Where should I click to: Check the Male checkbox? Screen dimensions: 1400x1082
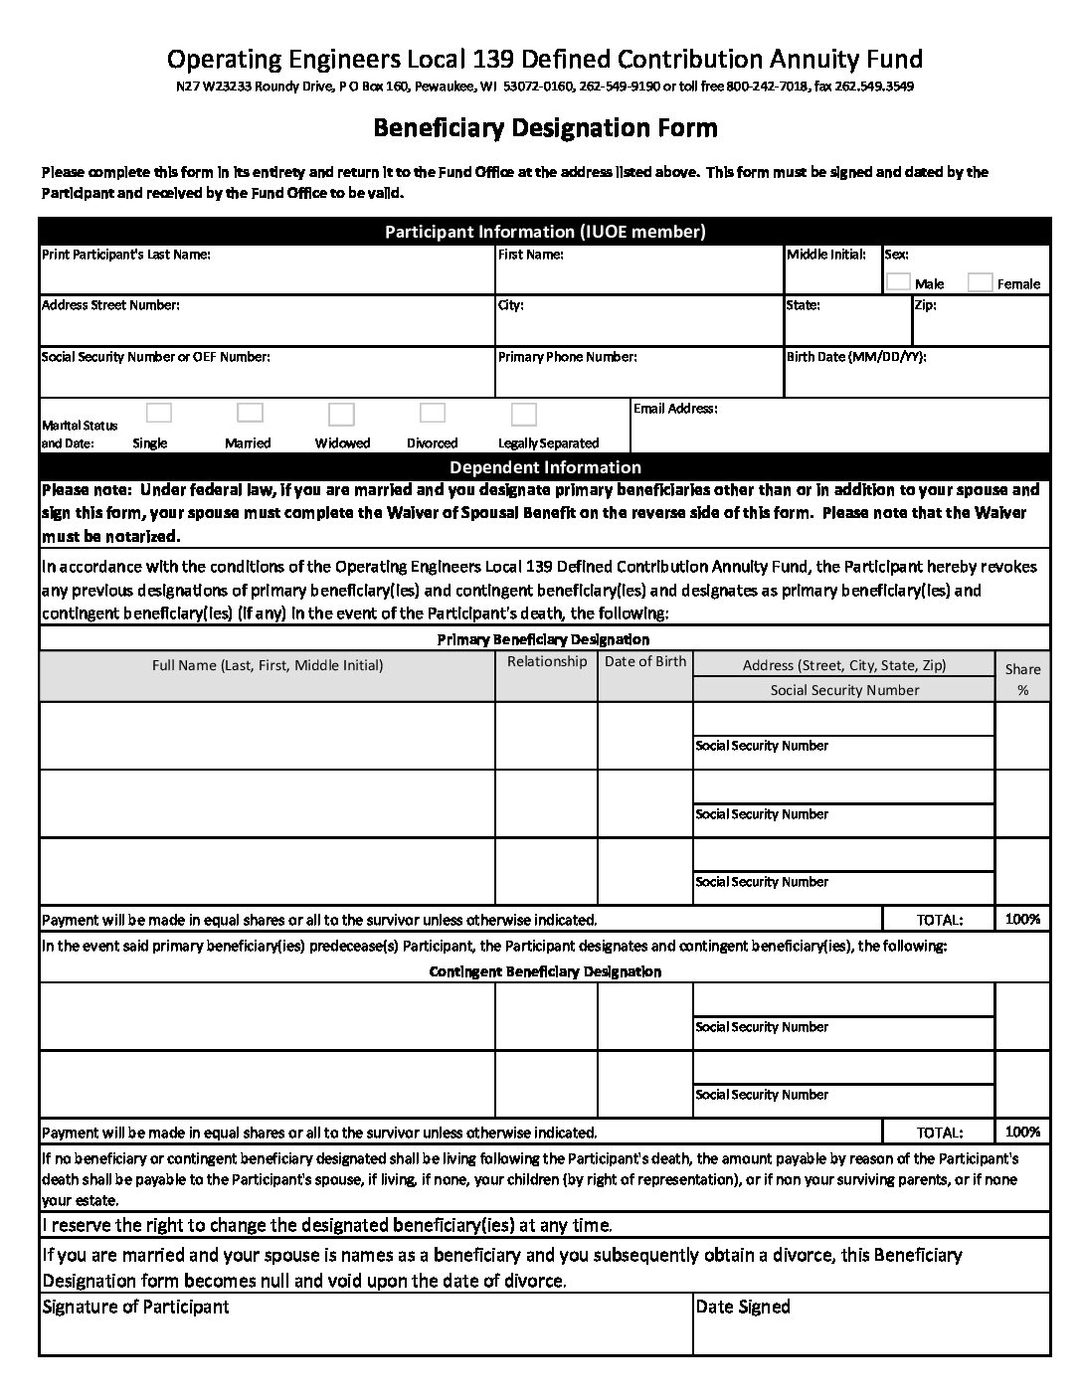point(898,281)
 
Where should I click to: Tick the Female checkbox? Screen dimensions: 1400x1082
point(980,281)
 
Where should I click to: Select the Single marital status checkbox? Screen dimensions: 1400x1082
point(159,413)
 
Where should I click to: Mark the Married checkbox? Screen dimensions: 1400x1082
point(251,413)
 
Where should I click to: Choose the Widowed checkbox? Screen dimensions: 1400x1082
point(341,414)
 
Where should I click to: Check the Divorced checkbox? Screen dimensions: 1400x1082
point(433,413)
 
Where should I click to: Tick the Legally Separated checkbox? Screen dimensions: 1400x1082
point(524,414)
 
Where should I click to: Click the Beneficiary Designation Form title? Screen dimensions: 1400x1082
point(545,128)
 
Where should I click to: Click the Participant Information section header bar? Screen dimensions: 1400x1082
point(545,232)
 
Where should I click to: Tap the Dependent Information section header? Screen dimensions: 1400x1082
point(545,467)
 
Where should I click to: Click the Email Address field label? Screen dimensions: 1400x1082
point(675,409)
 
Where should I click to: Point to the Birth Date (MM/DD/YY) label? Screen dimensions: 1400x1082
point(855,357)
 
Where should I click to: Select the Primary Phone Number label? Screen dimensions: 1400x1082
point(567,357)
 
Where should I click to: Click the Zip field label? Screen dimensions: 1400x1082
point(925,305)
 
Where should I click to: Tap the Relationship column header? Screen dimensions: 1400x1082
point(547,661)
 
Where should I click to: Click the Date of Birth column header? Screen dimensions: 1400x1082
point(645,661)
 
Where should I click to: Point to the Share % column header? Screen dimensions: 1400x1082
point(1022,679)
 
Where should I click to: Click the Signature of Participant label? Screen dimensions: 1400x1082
point(135,1307)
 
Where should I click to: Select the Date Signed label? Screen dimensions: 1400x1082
point(743,1307)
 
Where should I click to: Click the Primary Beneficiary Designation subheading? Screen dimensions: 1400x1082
point(543,639)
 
